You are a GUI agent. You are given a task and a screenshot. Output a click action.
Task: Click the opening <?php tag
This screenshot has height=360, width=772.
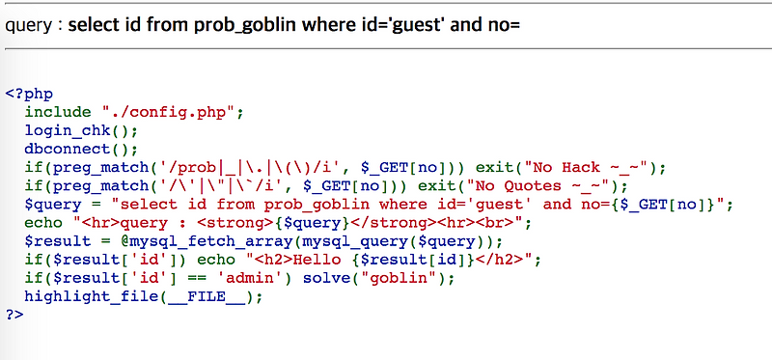28,94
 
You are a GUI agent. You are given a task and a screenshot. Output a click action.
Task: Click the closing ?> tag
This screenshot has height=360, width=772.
14,314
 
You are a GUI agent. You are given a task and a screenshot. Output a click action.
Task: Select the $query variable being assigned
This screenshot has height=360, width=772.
52,204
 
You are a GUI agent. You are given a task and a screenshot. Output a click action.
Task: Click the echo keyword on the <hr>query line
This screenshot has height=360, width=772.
42,222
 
